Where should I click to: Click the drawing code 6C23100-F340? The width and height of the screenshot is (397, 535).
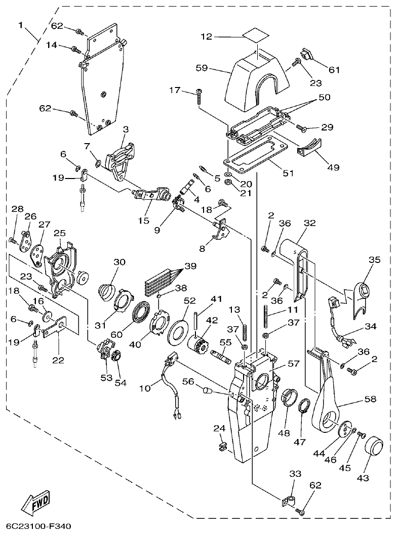pyautogui.click(x=35, y=527)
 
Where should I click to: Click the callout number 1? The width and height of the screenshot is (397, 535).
pyautogui.click(x=21, y=25)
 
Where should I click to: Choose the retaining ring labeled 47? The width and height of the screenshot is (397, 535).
pyautogui.click(x=304, y=407)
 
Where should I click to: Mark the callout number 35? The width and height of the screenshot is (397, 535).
pyautogui.click(x=374, y=260)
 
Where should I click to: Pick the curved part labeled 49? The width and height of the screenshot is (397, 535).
pyautogui.click(x=309, y=146)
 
